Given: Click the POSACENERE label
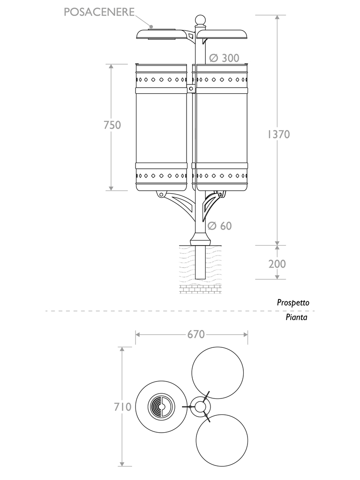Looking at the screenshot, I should pos(100,12).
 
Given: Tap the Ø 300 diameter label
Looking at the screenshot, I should pos(224,58).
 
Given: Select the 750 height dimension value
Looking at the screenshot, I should pos(112,125).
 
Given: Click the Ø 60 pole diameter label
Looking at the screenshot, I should pos(219,226).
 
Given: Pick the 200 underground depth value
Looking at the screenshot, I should pos(277,264).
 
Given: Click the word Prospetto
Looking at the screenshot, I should pos(293,303).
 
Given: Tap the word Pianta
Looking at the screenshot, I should pos(296,317).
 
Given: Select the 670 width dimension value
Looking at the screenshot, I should pos(196,334).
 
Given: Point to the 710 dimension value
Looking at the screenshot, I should pos(122,407).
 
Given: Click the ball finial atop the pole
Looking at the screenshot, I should pos(200,20).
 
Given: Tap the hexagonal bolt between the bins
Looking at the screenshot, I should pos(191,88).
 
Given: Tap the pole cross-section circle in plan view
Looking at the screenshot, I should pos(201,406).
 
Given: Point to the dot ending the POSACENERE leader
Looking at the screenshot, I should pos(152,26).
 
